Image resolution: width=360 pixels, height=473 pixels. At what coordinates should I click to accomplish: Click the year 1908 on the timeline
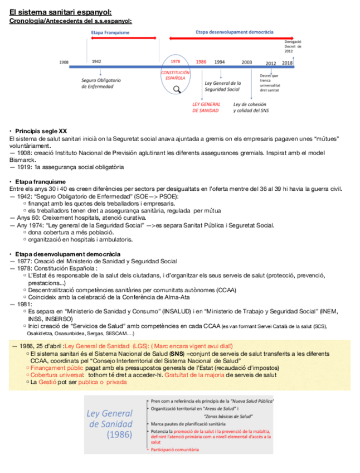(64, 62)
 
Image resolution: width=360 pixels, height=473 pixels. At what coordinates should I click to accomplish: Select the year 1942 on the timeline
(96, 61)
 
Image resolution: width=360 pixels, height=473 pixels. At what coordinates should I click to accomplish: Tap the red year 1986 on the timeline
(201, 61)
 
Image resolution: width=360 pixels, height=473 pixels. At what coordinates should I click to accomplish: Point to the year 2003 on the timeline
(246, 62)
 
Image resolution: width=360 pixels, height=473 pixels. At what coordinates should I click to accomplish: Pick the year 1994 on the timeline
(220, 62)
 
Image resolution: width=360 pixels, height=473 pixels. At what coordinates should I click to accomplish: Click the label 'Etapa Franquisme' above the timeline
(110, 32)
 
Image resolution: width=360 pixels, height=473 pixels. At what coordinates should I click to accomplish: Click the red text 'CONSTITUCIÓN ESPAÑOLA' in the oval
(176, 75)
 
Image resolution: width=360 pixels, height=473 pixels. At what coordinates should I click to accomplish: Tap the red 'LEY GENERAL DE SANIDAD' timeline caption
(206, 108)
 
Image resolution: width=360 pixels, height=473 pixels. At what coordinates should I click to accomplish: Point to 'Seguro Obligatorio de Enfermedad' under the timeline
(101, 83)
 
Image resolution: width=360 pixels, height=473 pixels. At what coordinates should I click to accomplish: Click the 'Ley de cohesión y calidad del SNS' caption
(250, 108)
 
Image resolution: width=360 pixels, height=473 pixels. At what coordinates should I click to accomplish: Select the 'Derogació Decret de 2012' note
(293, 46)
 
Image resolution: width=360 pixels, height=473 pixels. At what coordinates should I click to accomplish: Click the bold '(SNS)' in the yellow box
(176, 354)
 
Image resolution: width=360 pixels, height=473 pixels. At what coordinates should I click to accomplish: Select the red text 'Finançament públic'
(57, 368)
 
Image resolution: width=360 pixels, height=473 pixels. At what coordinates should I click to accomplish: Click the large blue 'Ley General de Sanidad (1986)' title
(110, 423)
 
